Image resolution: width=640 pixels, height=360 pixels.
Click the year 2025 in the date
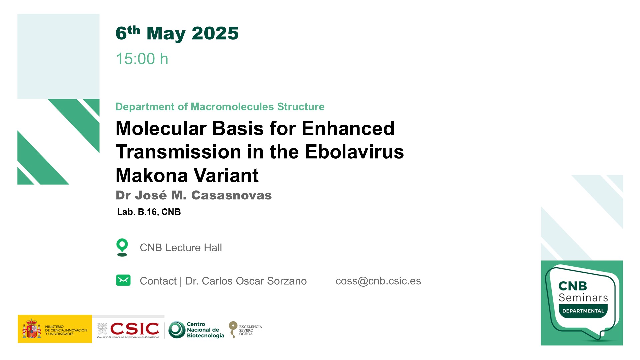(x=215, y=33)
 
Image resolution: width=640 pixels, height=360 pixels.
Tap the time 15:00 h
(x=142, y=59)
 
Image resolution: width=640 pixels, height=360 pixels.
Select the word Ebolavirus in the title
(x=354, y=152)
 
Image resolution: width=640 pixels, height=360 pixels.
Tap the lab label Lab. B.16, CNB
(x=149, y=212)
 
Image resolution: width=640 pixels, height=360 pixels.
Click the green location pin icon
(x=122, y=247)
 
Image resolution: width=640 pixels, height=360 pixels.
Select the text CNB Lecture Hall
(x=181, y=248)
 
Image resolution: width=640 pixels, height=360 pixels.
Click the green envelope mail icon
(x=123, y=280)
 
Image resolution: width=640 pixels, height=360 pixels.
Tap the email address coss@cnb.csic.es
(x=378, y=281)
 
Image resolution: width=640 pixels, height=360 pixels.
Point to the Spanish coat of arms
(x=32, y=329)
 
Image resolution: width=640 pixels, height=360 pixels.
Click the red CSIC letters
(x=135, y=329)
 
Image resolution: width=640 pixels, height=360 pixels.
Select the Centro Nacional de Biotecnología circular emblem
(x=177, y=330)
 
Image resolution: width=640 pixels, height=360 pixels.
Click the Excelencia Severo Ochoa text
(x=250, y=330)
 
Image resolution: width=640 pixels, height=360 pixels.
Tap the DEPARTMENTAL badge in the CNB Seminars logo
(x=583, y=311)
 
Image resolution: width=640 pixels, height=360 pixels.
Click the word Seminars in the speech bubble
(x=583, y=298)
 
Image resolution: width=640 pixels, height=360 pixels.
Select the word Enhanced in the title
(x=348, y=128)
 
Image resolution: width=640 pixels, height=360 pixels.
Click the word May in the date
(x=166, y=34)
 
